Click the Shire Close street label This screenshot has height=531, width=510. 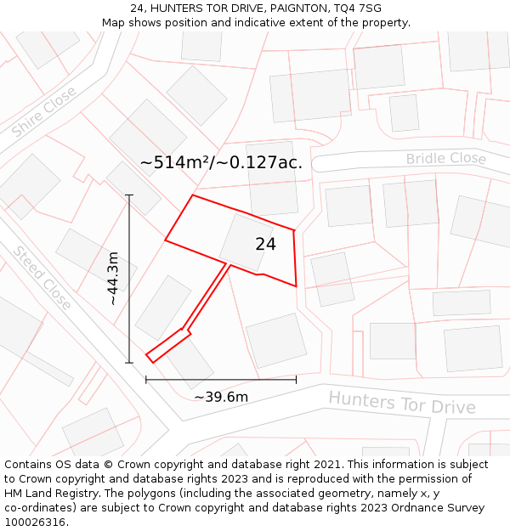[x=44, y=111]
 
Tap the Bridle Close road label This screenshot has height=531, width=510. [x=445, y=159]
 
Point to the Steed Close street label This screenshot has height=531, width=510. [x=42, y=277]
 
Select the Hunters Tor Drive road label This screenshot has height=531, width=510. [x=401, y=402]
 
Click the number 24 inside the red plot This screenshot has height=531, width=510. [x=265, y=245]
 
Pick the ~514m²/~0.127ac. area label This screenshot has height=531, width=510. [x=221, y=162]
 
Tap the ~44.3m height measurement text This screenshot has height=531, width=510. [x=113, y=278]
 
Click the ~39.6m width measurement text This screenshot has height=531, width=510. [x=221, y=397]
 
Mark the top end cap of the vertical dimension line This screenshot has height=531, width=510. [x=129, y=195]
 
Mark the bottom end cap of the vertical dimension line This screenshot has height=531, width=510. [x=129, y=363]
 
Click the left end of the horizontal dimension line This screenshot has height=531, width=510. [x=146, y=379]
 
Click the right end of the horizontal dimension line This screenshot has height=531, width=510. [x=296, y=379]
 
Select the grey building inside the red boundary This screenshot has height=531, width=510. [x=246, y=241]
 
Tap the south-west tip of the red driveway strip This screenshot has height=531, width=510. [x=148, y=355]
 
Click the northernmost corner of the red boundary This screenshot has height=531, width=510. [x=193, y=195]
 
